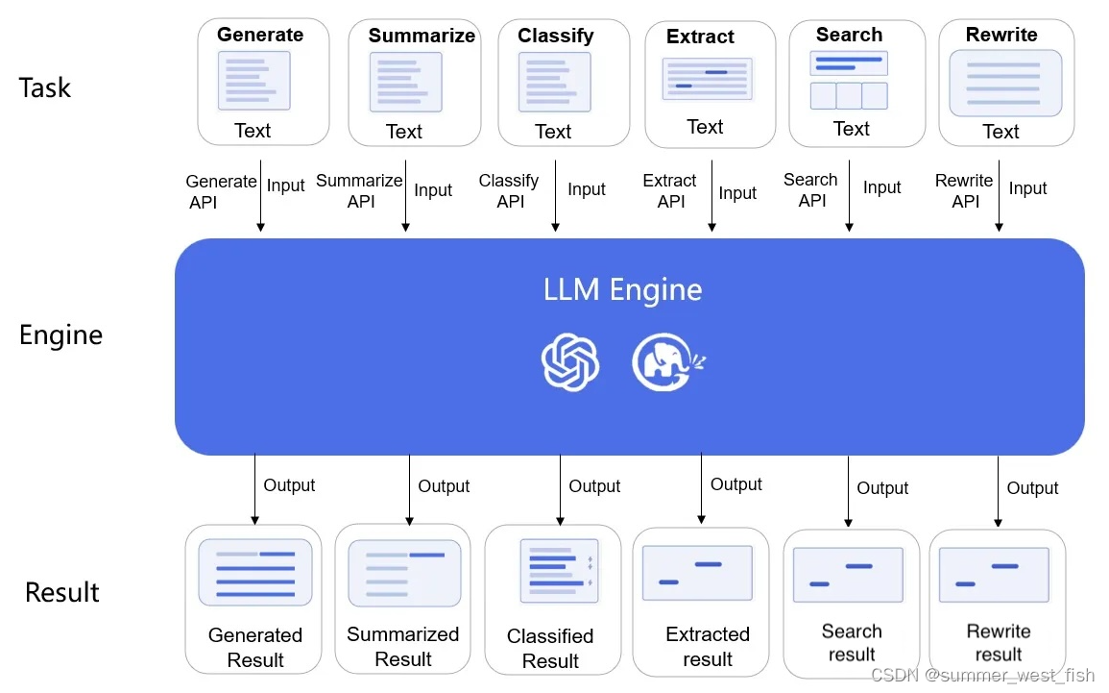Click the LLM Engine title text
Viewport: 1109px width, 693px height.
tap(622, 289)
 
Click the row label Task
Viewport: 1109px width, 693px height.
tap(44, 88)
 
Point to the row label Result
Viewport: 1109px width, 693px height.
tap(61, 591)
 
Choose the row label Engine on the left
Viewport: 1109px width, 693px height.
tap(60, 335)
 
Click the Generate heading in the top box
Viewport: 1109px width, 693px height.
tap(259, 35)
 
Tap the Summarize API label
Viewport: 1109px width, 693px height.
tap(359, 190)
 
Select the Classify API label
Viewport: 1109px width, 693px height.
tap(509, 190)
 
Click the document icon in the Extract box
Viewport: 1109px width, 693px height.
tap(707, 79)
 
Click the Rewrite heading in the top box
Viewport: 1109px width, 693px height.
tap(1001, 35)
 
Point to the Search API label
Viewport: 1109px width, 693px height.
tap(810, 189)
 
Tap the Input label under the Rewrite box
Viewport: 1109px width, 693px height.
tap(1027, 188)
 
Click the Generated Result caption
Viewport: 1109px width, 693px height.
tap(254, 647)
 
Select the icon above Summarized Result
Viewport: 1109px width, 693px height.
tap(402, 574)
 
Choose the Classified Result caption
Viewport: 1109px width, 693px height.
tap(550, 648)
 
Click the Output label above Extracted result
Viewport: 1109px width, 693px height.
tap(735, 484)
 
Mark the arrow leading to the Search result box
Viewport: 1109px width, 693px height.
tap(849, 491)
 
